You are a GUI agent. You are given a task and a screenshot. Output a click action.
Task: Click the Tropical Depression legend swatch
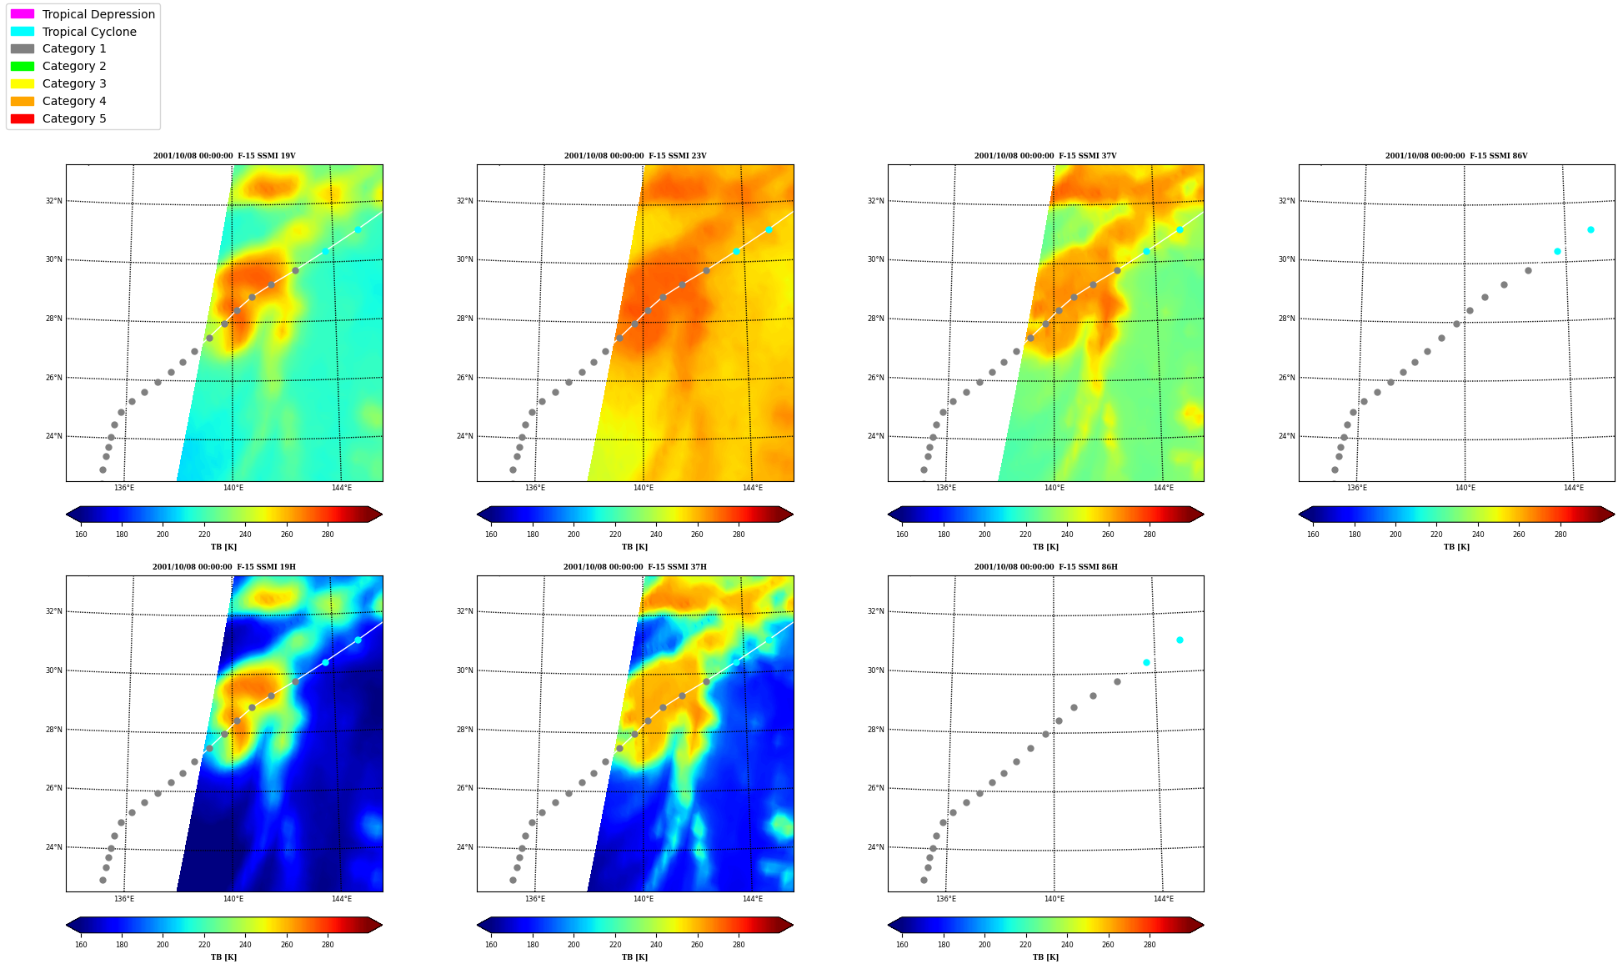pyautogui.click(x=23, y=14)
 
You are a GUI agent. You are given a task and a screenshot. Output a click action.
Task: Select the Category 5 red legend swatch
pyautogui.click(x=23, y=118)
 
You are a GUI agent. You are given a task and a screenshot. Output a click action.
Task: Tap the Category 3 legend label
pyautogui.click(x=74, y=83)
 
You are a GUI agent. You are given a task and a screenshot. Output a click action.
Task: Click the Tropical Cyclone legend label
pyautogui.click(x=89, y=32)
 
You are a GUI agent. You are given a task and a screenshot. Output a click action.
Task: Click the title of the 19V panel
pyautogui.click(x=224, y=156)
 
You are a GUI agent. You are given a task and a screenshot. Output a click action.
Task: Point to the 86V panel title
pyautogui.click(x=1456, y=156)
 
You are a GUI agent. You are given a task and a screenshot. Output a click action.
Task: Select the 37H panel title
pyautogui.click(x=634, y=567)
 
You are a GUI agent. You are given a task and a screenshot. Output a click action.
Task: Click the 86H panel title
pyautogui.click(x=1045, y=567)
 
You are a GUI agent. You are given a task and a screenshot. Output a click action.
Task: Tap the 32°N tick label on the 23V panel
pyautogui.click(x=464, y=201)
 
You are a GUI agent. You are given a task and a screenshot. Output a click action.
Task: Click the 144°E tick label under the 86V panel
pyautogui.click(x=1574, y=488)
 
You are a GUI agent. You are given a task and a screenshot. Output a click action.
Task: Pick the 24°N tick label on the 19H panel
pyautogui.click(x=53, y=847)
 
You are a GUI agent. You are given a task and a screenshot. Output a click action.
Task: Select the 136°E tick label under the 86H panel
pyautogui.click(x=946, y=899)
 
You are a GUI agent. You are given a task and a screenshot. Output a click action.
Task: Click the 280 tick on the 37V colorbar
pyautogui.click(x=1150, y=535)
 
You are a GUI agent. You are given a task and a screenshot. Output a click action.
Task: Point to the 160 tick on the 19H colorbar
pyautogui.click(x=81, y=945)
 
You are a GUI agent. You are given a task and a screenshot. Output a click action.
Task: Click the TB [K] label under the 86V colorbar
pyautogui.click(x=1456, y=547)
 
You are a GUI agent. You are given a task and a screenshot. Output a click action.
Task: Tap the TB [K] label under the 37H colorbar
pyautogui.click(x=634, y=957)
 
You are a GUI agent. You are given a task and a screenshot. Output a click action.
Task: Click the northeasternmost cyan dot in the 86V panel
pyautogui.click(x=1590, y=229)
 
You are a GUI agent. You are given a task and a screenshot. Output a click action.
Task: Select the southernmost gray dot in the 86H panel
pyautogui.click(x=924, y=880)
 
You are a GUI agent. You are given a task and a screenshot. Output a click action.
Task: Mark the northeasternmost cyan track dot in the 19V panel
pyautogui.click(x=358, y=229)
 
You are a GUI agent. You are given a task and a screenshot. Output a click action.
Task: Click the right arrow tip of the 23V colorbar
pyautogui.click(x=793, y=515)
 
